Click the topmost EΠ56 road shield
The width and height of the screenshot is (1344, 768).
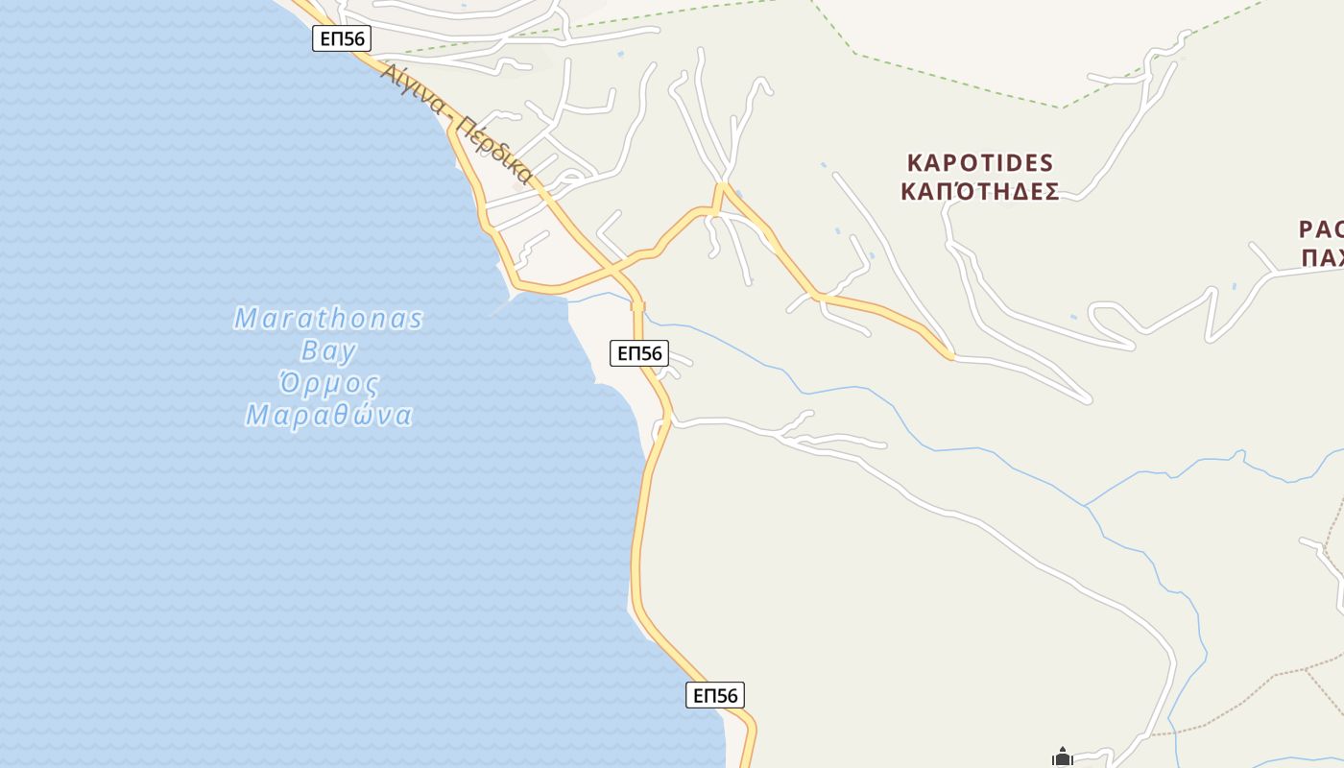tap(342, 38)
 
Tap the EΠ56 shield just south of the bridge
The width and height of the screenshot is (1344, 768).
tap(639, 352)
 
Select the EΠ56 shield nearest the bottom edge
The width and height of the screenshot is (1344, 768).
tap(715, 695)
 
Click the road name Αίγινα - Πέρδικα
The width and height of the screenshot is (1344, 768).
tap(456, 123)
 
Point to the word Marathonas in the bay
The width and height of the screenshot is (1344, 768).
tap(328, 318)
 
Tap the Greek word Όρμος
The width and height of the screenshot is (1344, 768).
tap(328, 384)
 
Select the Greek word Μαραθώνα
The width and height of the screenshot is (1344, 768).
tap(329, 416)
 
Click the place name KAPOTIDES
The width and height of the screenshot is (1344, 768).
tap(979, 162)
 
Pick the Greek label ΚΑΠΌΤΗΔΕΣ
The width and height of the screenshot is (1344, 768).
tap(979, 191)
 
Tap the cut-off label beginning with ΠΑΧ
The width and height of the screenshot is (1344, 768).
tap(1323, 257)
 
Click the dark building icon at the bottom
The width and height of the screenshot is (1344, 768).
tap(1062, 757)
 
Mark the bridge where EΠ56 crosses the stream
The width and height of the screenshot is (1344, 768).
tap(638, 306)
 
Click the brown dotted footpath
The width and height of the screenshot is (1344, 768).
tap(1248, 691)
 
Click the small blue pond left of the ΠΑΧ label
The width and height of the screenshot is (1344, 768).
tap(1235, 286)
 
